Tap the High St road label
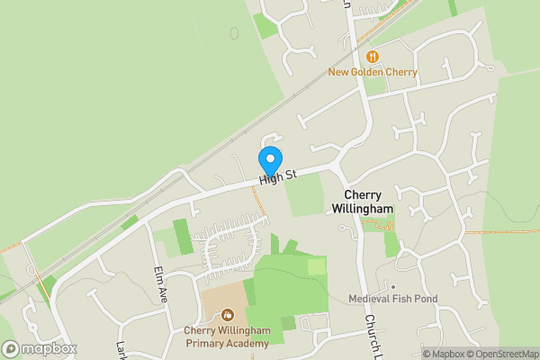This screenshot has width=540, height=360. tap(278, 177)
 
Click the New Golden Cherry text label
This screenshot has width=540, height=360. tap(372, 72)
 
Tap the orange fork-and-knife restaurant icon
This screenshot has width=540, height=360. tap(373, 57)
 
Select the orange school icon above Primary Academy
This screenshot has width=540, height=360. tap(227, 315)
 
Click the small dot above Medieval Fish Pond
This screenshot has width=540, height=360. tap(392, 286)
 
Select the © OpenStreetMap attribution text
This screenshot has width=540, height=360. tap(503, 353)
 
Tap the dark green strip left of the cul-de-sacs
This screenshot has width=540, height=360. tap(183, 236)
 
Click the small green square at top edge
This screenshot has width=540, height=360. tap(265, 25)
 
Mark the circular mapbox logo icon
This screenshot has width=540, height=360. tap(11, 348)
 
